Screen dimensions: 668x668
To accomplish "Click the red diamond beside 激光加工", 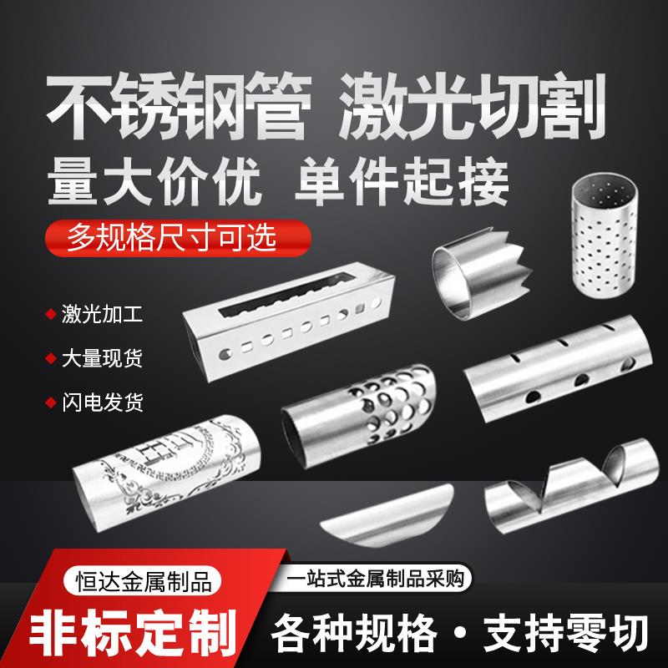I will [49, 316].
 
